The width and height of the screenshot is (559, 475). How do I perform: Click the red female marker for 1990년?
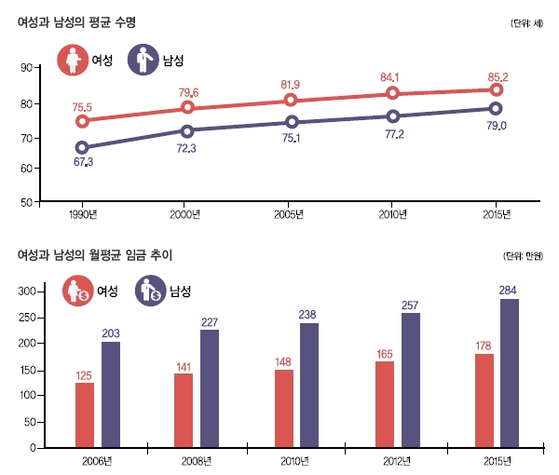pyautogui.click(x=82, y=121)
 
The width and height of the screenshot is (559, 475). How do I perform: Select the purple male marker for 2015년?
pyautogui.click(x=496, y=109)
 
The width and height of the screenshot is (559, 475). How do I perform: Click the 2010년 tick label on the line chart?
pyautogui.click(x=392, y=215)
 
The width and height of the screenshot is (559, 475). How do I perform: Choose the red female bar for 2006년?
pyautogui.click(x=85, y=414)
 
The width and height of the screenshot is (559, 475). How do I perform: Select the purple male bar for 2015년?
pyautogui.click(x=511, y=373)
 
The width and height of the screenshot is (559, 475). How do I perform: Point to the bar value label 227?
pyautogui.click(x=211, y=322)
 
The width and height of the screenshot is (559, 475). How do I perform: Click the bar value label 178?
pyautogui.click(x=484, y=347)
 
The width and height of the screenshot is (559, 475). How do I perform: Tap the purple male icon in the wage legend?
pyautogui.click(x=149, y=292)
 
